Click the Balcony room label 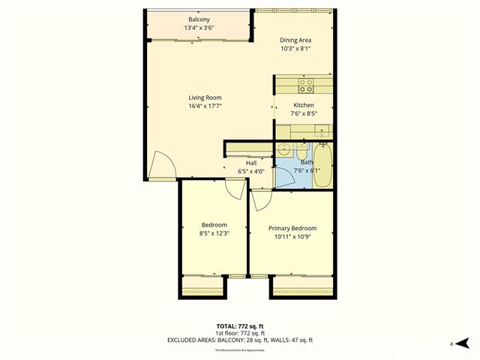click(198, 19)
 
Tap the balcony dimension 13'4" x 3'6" click(198, 28)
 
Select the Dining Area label click(295, 40)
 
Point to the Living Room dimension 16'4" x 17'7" click(204, 106)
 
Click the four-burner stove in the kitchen click(307, 85)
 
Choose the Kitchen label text click(304, 106)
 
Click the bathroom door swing click(286, 176)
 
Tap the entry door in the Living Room click(161, 166)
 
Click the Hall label click(252, 163)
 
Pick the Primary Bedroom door click(261, 200)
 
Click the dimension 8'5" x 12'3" click(214, 233)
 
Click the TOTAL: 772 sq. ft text click(240, 326)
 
